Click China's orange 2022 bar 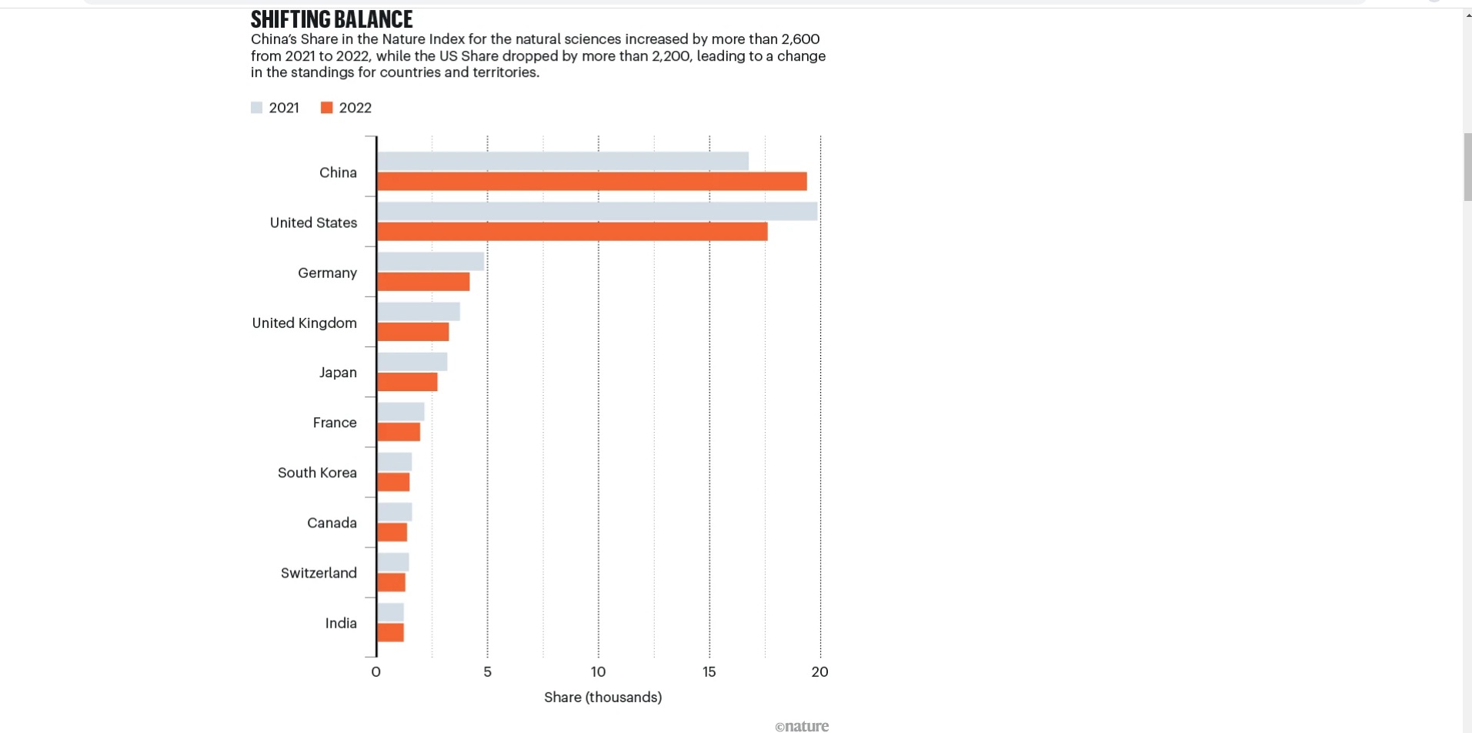[592, 182]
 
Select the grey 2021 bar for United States [597, 212]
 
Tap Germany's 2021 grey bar [430, 262]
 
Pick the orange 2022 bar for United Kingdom [412, 332]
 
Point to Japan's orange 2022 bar [407, 382]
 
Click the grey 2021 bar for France [400, 412]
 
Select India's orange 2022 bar [390, 633]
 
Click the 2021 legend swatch [257, 108]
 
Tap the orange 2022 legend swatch [327, 108]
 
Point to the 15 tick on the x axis [709, 672]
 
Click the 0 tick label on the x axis [376, 672]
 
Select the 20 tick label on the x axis [819, 672]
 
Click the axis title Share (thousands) [602, 698]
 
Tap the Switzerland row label [319, 573]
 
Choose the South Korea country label [317, 473]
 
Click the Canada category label [332, 523]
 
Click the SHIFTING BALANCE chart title [332, 19]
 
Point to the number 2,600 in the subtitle [800, 39]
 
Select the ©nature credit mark [801, 726]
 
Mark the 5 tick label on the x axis [487, 672]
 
